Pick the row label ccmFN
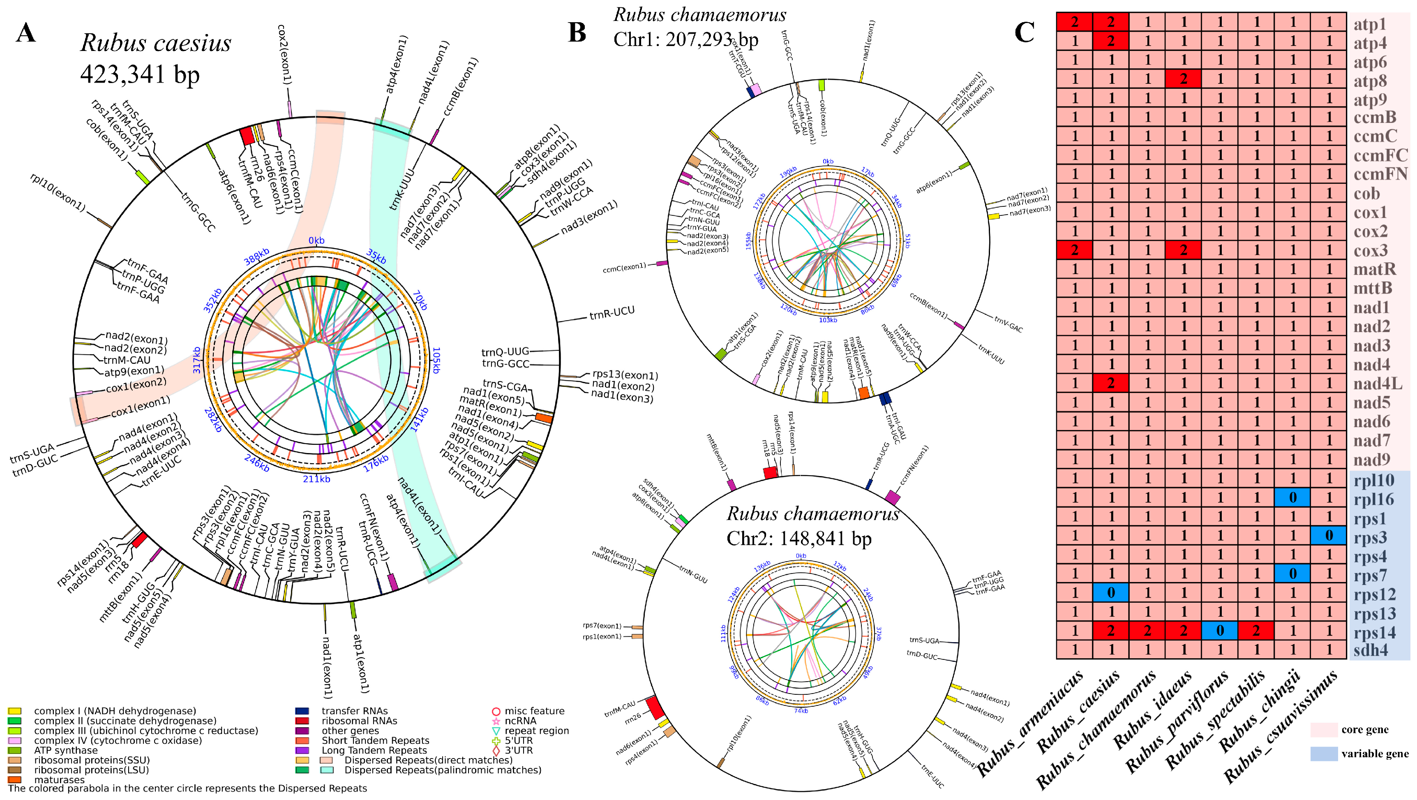1380,174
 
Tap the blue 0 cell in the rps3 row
1328,535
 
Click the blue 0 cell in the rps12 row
1110,592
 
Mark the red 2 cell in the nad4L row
1110,384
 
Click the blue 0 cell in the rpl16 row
1292,497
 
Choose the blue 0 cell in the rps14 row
1219,631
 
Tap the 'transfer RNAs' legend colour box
302,711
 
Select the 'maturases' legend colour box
14,779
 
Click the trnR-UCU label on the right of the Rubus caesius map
612,314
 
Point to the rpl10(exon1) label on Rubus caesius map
58,192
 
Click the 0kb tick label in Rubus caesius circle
316,240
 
